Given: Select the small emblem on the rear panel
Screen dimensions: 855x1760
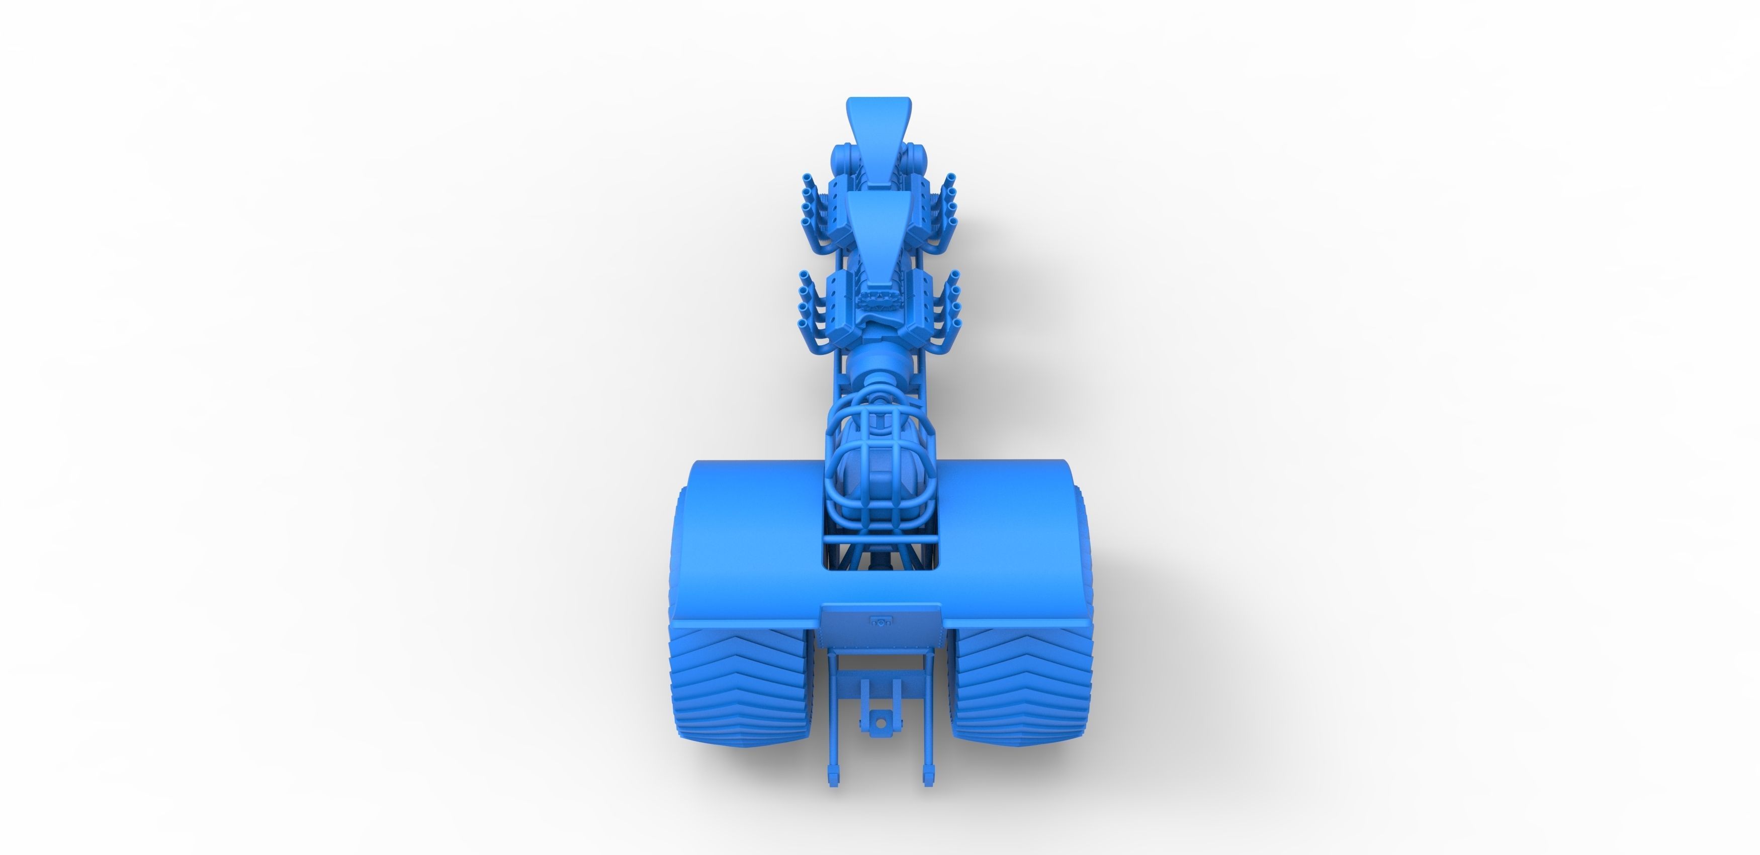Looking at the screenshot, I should (882, 621).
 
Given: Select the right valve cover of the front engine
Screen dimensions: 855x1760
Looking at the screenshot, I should (919, 212).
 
